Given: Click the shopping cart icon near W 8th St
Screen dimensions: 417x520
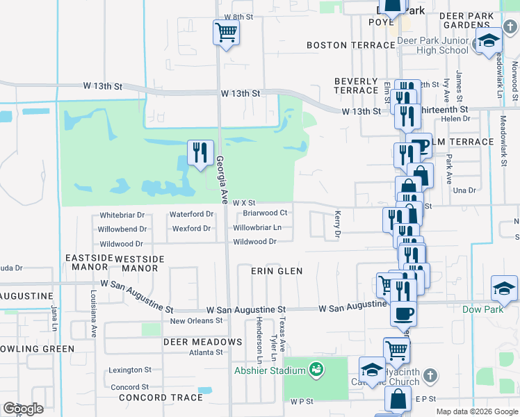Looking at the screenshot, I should coord(226,32).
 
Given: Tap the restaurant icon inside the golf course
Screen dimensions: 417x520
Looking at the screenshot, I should coord(200,153).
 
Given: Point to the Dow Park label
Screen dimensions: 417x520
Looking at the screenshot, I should coord(482,309).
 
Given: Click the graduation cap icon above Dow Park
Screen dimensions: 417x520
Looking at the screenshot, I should coord(504,288).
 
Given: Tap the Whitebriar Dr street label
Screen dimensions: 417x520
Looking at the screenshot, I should coord(122,215).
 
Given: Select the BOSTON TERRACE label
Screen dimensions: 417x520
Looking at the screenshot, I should coord(351,45).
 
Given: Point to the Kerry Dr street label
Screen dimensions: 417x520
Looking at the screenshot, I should coord(338,224).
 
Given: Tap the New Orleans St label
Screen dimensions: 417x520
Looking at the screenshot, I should coord(196,321).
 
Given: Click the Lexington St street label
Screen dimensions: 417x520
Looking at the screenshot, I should coord(130,370).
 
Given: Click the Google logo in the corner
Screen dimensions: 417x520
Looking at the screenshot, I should coord(23,409).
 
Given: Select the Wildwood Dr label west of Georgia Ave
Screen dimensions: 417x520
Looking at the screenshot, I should coord(121,244).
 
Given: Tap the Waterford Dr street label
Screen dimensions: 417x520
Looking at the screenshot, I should coord(191,214).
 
